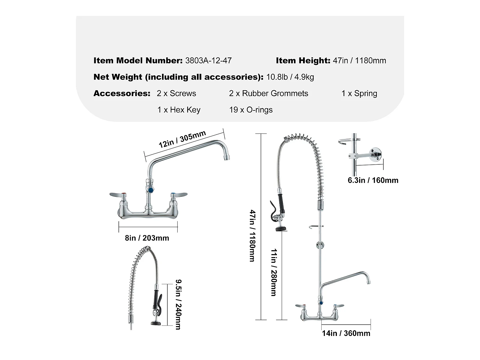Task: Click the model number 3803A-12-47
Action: click(x=208, y=61)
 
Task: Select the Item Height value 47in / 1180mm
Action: click(x=359, y=61)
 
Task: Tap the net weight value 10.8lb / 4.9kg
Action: click(x=290, y=77)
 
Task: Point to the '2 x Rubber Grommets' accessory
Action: click(x=268, y=93)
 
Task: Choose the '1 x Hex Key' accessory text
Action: click(x=179, y=110)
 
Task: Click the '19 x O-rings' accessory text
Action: click(x=251, y=110)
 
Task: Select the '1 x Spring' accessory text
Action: click(x=359, y=93)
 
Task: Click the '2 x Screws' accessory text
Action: click(x=176, y=93)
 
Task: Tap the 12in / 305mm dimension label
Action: click(x=182, y=139)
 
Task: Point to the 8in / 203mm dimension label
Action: click(x=147, y=238)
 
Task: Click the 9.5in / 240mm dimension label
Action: click(x=178, y=304)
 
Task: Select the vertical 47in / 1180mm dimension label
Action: click(x=253, y=235)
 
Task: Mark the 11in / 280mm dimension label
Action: click(x=274, y=272)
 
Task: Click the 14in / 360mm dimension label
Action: click(x=346, y=333)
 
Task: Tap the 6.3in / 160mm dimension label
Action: click(x=373, y=180)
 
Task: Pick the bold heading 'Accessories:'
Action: click(x=122, y=93)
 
